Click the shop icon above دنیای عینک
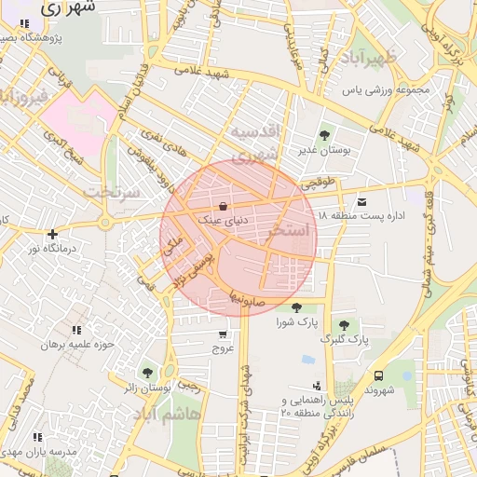222,206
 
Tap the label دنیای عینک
224,220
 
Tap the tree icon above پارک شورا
296,307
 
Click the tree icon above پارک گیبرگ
345,325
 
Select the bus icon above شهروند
378,375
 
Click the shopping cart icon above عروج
222,334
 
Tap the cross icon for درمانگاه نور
52,234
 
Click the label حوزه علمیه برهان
76,344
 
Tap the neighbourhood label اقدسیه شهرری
255,143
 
